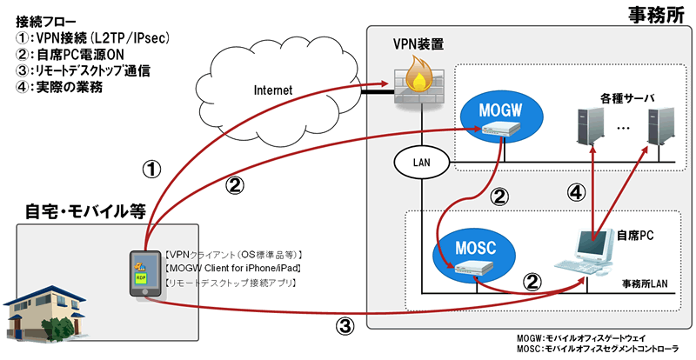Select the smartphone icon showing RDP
pos(142,274)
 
